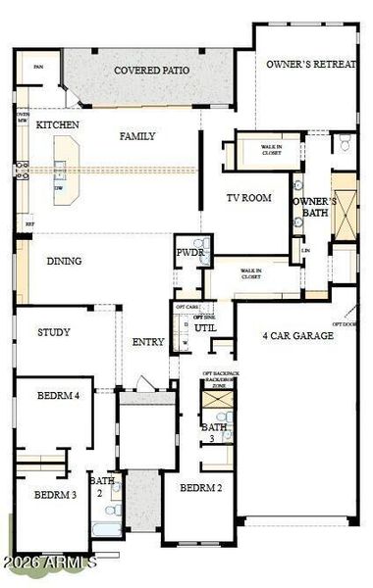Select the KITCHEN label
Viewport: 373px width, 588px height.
click(58, 126)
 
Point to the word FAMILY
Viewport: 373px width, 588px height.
click(137, 136)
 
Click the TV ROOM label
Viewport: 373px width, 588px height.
click(248, 198)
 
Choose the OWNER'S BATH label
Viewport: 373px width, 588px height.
click(314, 208)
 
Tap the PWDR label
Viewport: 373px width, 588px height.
click(188, 252)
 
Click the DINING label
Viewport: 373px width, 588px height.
click(64, 262)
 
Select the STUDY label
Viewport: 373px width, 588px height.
click(54, 333)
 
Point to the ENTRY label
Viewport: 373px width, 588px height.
click(148, 343)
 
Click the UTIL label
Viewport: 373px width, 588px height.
click(205, 328)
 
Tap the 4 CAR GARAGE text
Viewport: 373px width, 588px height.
click(298, 336)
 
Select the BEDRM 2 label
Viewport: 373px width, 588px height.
click(200, 487)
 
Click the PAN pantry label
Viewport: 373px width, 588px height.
click(38, 67)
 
